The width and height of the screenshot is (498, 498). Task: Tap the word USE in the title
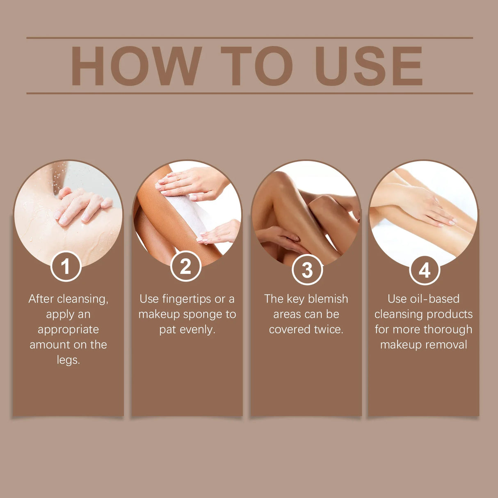point(369,66)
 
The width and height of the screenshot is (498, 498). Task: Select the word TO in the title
point(257,66)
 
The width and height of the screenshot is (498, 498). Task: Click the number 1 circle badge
point(66,267)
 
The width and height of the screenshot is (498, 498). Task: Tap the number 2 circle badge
point(185,267)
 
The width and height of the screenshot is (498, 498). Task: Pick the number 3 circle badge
point(307,270)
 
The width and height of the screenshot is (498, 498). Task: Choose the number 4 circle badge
point(424,270)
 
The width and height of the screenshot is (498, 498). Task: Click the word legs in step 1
point(68,360)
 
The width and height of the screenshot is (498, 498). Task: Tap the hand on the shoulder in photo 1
point(82,205)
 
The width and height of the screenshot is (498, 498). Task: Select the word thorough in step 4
point(448,329)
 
